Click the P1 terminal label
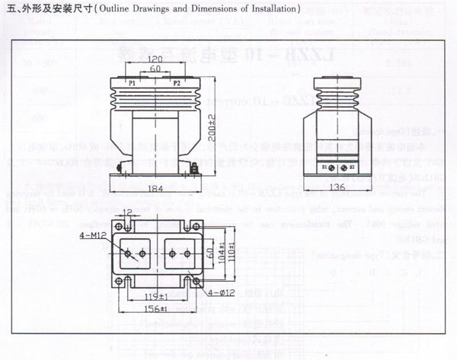[132, 82]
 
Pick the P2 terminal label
[177, 82]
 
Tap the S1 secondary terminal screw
[329, 165]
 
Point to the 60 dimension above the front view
[155, 68]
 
